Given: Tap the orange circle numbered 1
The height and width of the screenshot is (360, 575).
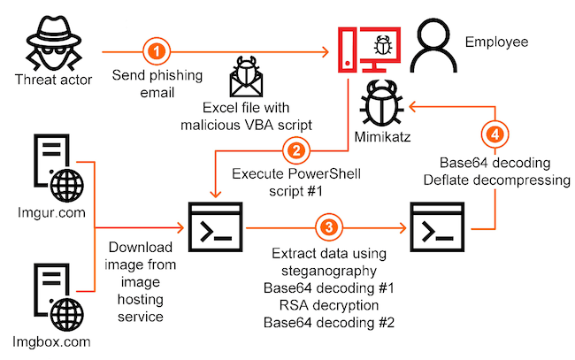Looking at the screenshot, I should coord(156,51).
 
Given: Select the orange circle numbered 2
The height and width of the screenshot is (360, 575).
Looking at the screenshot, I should coord(298,151).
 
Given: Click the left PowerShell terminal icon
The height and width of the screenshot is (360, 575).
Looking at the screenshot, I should coord(215,227).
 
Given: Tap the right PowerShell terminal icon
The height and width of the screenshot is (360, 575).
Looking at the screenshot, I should coord(439,227).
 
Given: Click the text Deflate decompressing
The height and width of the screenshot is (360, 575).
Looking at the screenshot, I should coord(497,182).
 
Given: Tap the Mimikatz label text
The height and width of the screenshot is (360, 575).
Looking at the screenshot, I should coord(381,138).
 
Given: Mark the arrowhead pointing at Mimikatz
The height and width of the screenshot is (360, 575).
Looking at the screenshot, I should coord(410,104).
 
